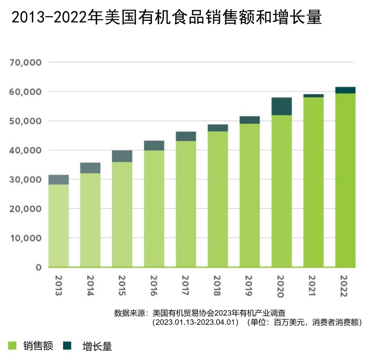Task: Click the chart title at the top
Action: pyautogui.click(x=167, y=17)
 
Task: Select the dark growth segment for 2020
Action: pyautogui.click(x=282, y=106)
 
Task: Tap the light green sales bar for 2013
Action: pyautogui.click(x=58, y=226)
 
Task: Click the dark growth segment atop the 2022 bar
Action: pyautogui.click(x=346, y=90)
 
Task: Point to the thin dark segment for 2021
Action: pyautogui.click(x=314, y=96)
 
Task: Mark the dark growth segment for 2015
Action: pyautogui.click(x=122, y=156)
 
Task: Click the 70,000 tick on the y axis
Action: pyautogui.click(x=26, y=63)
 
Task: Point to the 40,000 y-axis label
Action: pyautogui.click(x=26, y=150)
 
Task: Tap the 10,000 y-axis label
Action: pyautogui.click(x=26, y=238)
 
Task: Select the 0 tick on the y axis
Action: pyautogui.click(x=38, y=267)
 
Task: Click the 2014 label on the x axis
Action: pyautogui.click(x=91, y=285)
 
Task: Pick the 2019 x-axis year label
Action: pyautogui.click(x=249, y=285)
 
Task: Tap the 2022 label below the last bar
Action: pyautogui.click(x=345, y=285)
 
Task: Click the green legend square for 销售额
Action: pyautogui.click(x=12, y=345)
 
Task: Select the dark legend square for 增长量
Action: pyautogui.click(x=67, y=345)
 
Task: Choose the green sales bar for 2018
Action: pyautogui.click(x=218, y=199)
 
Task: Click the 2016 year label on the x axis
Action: pyautogui.click(x=154, y=285)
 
